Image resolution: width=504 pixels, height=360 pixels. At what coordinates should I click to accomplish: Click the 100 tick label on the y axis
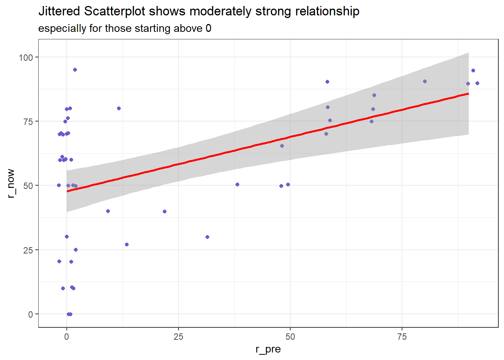(26, 57)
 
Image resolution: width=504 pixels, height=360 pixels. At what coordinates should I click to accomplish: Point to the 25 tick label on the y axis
(28, 250)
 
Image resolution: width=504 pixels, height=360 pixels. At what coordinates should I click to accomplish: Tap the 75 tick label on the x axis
(402, 337)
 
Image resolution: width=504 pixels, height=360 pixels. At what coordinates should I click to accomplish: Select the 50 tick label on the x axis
(290, 337)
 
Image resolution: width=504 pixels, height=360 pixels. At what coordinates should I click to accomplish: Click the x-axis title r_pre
(268, 349)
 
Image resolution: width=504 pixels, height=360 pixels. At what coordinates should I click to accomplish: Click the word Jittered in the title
(59, 12)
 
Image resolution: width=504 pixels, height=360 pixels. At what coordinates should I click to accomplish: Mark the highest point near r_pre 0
(75, 70)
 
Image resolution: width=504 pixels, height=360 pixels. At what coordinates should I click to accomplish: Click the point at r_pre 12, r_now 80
(119, 108)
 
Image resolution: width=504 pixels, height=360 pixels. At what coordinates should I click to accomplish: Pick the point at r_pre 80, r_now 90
(425, 81)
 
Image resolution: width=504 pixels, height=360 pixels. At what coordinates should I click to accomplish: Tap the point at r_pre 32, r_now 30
(207, 237)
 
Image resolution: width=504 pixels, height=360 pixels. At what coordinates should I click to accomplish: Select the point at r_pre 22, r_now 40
(165, 211)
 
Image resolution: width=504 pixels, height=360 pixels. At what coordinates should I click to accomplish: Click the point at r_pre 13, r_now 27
(127, 244)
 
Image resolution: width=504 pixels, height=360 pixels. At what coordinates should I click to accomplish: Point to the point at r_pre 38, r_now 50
(237, 184)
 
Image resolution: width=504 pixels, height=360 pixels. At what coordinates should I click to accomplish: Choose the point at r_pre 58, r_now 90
(327, 82)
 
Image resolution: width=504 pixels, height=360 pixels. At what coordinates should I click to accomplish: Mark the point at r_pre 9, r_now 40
(108, 211)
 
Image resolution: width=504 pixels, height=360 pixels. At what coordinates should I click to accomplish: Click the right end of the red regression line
(468, 93)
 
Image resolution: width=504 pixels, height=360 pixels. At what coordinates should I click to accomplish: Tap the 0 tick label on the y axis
(31, 314)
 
